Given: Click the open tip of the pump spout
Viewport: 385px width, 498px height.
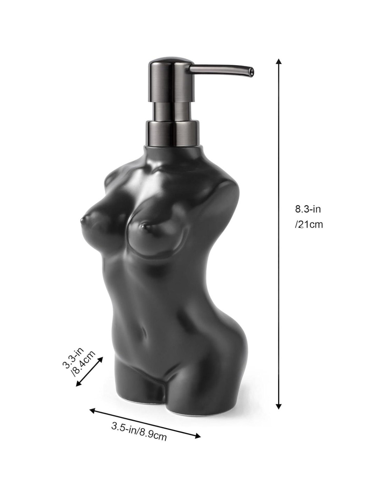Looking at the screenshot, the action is click(x=250, y=70).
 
